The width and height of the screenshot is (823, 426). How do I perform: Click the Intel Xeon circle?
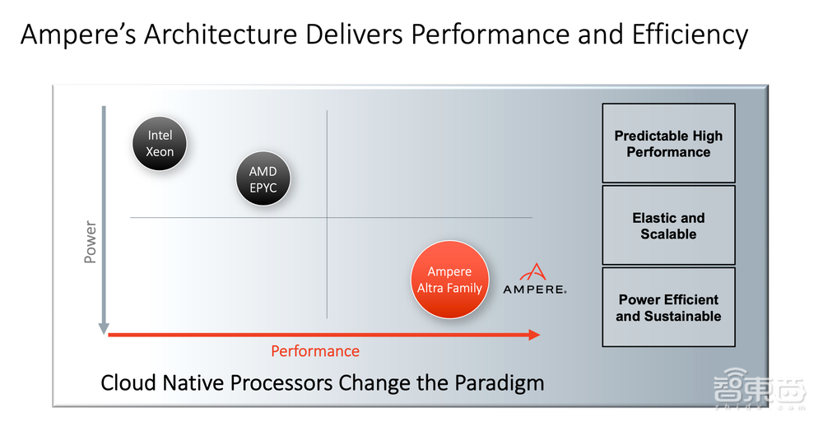(x=160, y=142)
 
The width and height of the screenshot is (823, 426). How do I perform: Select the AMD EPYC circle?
(x=263, y=179)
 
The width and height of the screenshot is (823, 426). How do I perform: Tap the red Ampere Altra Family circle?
(x=449, y=279)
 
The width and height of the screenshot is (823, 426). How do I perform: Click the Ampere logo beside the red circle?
(x=534, y=280)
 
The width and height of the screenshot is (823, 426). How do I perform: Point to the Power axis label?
(x=91, y=242)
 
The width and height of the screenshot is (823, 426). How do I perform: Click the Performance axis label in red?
(x=315, y=351)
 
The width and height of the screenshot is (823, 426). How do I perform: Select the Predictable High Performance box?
(x=668, y=143)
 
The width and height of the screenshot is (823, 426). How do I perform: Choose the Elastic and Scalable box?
(x=668, y=225)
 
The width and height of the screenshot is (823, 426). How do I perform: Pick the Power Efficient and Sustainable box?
(x=668, y=308)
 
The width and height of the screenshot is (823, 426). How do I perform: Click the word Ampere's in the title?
(x=78, y=35)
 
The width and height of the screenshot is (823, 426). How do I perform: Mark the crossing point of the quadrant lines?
(x=327, y=217)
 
